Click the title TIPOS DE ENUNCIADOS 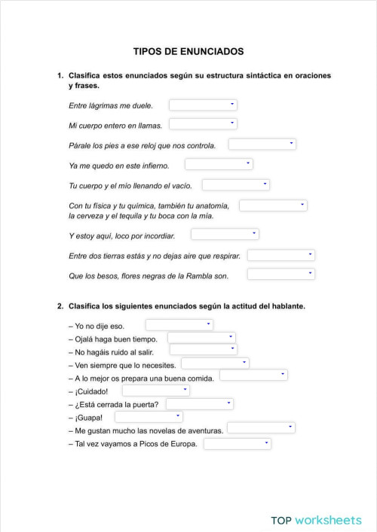pos(188,52)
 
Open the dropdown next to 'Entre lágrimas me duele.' pos(203,105)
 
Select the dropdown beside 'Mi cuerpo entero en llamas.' pos(203,124)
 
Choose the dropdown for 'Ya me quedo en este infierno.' pos(219,164)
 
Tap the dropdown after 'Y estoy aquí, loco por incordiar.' pos(225,235)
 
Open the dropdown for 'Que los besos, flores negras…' pos(280,275)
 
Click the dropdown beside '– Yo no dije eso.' pos(179,325)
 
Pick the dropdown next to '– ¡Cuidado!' pos(155,391)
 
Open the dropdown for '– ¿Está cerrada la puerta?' pos(199,404)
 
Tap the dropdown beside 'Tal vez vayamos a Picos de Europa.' pos(237,444)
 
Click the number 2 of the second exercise pos(59,306)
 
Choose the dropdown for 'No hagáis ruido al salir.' pos(203,350)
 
